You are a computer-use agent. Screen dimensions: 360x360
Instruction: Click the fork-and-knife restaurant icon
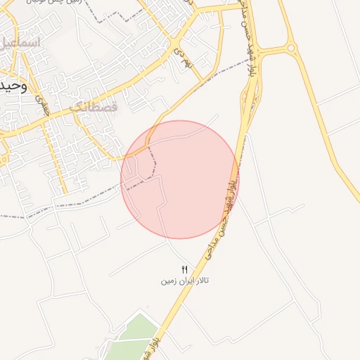click(185, 269)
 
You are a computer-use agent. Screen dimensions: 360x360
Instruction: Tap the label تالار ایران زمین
click(185, 281)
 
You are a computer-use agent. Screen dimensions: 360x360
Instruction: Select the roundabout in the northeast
click(290, 48)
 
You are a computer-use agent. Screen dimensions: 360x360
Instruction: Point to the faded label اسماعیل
click(21, 43)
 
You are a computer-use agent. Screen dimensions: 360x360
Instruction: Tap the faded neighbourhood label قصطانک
click(94, 108)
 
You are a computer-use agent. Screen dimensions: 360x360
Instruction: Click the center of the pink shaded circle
click(179, 179)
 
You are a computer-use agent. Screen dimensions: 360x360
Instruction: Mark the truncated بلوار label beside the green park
click(153, 345)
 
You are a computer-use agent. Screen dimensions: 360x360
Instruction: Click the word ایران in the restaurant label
click(184, 281)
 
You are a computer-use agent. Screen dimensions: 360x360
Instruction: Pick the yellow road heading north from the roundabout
click(285, 21)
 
